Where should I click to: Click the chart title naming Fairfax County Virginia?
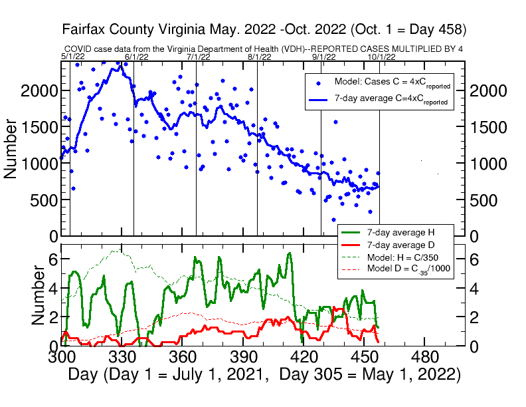click(264, 30)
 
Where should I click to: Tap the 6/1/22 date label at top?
click(137, 57)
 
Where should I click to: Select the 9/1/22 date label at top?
click(324, 57)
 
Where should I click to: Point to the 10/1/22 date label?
click(382, 57)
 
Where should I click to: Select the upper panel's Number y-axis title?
click(11, 148)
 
